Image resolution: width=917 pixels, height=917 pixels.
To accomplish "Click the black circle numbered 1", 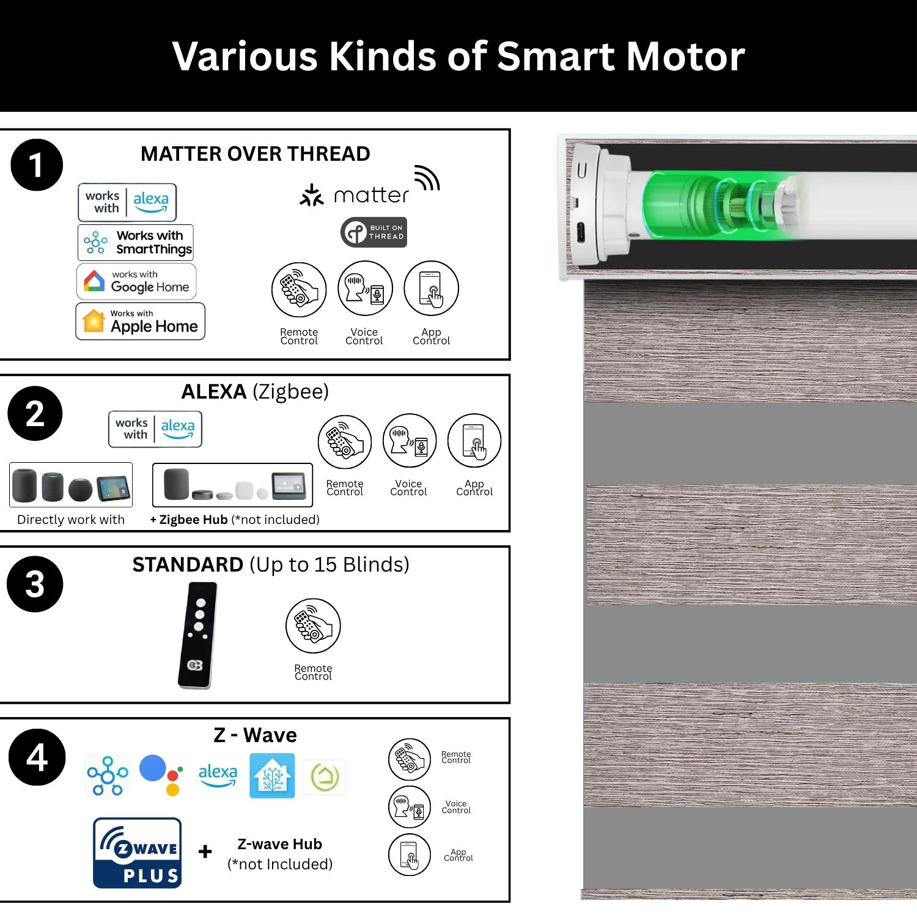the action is [x=37, y=165].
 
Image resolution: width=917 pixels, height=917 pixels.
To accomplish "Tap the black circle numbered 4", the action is [x=37, y=757].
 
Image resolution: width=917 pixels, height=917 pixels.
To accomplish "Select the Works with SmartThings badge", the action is [x=136, y=242].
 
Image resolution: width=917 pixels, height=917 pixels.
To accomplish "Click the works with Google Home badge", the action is [x=136, y=281].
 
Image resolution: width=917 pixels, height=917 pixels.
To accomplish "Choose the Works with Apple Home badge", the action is [x=140, y=321].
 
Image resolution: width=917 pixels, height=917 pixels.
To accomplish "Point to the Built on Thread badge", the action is [x=374, y=232].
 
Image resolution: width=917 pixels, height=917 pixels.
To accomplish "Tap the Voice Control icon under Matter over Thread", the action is [x=365, y=289].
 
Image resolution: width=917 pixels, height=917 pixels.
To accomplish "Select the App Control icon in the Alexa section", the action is [x=474, y=441].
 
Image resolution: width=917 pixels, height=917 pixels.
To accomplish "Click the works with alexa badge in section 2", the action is [x=155, y=429].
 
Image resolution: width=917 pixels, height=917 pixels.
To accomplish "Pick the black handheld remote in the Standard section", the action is [x=197, y=635].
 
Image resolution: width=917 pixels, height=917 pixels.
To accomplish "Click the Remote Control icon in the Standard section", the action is [x=313, y=626].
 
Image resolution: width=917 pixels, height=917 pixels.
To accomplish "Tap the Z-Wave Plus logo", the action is [x=138, y=853].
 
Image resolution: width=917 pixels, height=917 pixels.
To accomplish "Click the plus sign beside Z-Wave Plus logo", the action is [x=205, y=851].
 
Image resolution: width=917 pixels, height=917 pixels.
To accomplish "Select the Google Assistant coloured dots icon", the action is [x=161, y=775].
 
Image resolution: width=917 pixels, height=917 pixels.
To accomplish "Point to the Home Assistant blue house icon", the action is [x=272, y=776].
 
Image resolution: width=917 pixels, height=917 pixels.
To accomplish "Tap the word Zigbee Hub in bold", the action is [x=193, y=520].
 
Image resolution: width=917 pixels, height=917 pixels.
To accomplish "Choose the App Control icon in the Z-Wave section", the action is [x=410, y=855].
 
